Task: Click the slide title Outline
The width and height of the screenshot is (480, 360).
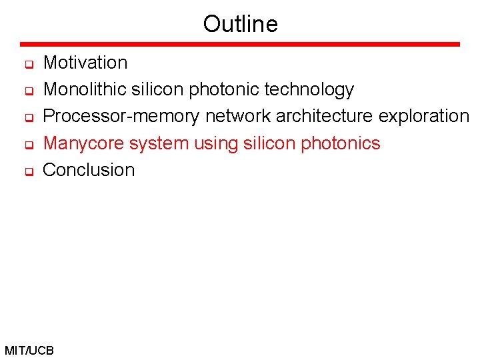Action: pos(240,24)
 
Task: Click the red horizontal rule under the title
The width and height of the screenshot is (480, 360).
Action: pos(240,45)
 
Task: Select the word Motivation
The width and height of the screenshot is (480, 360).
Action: pos(85,63)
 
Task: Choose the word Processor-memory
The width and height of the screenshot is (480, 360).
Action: pos(121,116)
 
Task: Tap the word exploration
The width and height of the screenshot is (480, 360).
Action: pos(423,116)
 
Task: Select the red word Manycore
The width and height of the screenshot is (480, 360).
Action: pos(83,143)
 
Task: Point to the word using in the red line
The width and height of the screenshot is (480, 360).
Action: pos(213,143)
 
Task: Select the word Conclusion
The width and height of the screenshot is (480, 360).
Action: pos(89,170)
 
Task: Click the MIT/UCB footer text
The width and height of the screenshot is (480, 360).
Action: pos(29,350)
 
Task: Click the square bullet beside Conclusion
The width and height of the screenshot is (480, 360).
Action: pos(29,172)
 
